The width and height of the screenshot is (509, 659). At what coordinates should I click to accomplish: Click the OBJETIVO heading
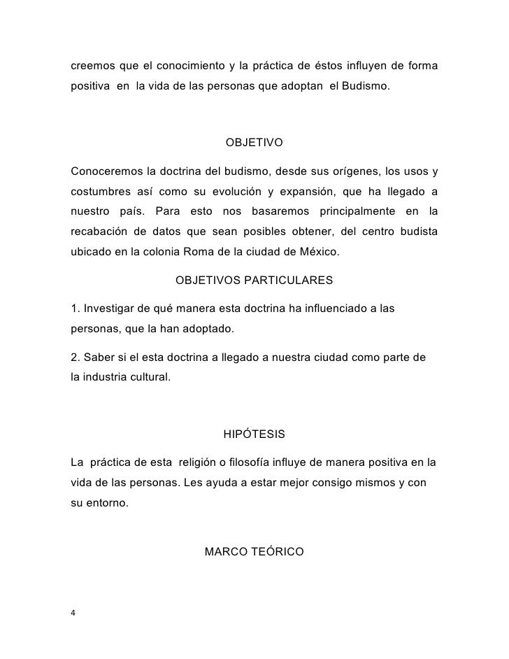coord(254,143)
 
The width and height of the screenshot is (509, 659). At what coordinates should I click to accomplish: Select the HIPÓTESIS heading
coord(254,434)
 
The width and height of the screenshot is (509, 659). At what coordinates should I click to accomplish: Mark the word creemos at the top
coord(93,66)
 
